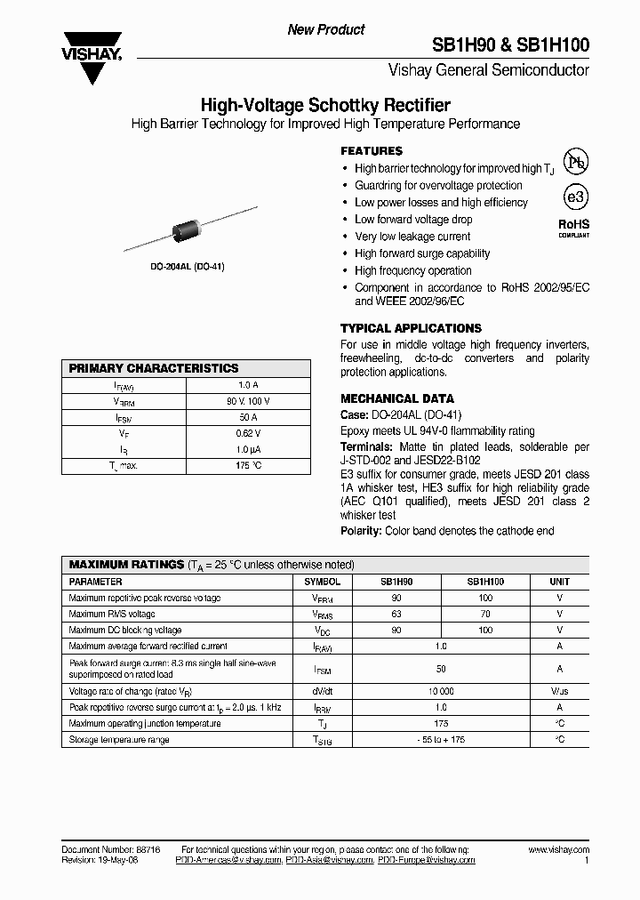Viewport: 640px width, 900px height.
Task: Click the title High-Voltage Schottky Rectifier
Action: point(325,105)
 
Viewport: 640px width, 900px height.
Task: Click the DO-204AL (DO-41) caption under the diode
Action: point(186,266)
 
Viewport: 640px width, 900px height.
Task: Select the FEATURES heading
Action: point(372,151)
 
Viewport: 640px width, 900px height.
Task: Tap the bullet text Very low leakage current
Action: point(412,237)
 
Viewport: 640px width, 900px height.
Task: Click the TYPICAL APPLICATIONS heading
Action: point(411,328)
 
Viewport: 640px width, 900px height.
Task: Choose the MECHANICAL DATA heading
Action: point(397,398)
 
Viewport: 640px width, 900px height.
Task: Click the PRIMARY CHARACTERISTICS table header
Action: point(154,368)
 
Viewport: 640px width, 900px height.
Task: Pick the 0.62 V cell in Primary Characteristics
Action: point(248,433)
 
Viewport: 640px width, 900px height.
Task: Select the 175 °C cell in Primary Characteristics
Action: point(248,465)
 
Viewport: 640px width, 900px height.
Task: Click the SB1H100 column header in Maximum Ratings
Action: point(484,581)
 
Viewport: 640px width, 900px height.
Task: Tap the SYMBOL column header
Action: point(322,581)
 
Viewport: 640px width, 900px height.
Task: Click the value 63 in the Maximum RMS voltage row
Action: point(397,614)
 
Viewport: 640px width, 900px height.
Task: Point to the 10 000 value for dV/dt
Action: point(441,691)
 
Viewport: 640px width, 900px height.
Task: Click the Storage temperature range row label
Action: point(119,740)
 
